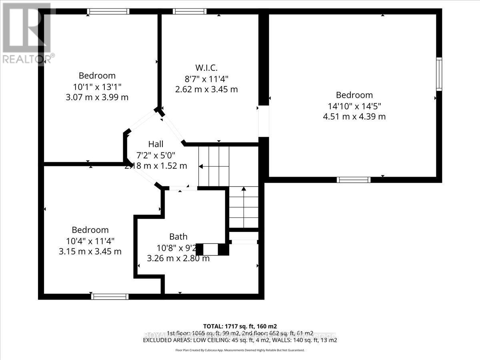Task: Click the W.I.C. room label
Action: tap(206, 67)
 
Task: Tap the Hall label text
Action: tap(156, 144)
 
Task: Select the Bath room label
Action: tap(178, 237)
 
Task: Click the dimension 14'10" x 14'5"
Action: tap(354, 106)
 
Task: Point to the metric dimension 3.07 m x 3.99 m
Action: tap(97, 97)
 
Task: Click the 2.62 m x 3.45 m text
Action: tap(206, 89)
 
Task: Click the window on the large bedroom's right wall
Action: tap(439, 74)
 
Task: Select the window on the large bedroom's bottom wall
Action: tap(354, 180)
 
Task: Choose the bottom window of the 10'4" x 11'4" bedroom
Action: tap(110, 296)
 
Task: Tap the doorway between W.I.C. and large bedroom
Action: tap(263, 121)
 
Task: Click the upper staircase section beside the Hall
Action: tap(214, 166)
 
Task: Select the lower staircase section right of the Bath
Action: tap(243, 208)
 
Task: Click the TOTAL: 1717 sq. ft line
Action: tap(240, 326)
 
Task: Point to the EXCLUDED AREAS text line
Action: tap(240, 340)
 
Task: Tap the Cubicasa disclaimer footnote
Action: tap(240, 350)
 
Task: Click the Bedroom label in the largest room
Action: tap(354, 95)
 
